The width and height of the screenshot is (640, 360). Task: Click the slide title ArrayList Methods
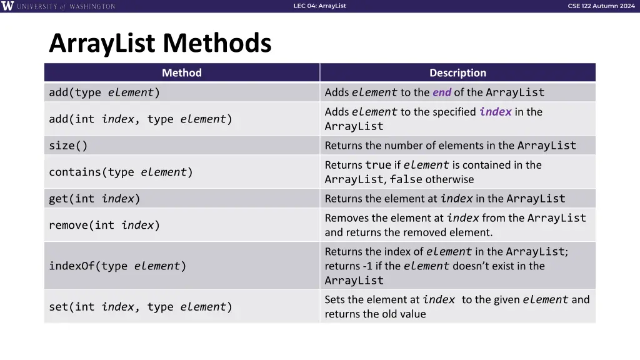pyautogui.click(x=160, y=44)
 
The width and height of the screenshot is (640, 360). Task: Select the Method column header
pyautogui.click(x=181, y=73)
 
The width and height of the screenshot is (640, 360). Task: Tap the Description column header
pyautogui.click(x=457, y=73)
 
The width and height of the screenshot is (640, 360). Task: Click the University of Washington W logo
pyautogui.click(x=7, y=6)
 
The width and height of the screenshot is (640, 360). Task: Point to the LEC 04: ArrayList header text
pyautogui.click(x=319, y=6)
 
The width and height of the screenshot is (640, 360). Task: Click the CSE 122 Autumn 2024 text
pyautogui.click(x=601, y=6)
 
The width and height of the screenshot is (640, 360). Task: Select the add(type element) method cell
pyautogui.click(x=104, y=92)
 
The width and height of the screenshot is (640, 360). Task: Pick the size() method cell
pyautogui.click(x=68, y=146)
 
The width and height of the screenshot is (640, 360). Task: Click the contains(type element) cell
pyautogui.click(x=121, y=172)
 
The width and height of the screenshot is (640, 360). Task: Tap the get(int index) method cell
pyautogui.click(x=94, y=199)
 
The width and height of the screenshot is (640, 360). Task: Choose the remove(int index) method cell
pyautogui.click(x=104, y=225)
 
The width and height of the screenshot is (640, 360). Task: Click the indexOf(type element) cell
pyautogui.click(x=117, y=266)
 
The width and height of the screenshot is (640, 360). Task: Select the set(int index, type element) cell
pyautogui.click(x=141, y=307)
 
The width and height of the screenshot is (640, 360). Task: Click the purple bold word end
pyautogui.click(x=441, y=92)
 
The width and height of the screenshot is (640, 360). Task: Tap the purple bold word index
pyautogui.click(x=496, y=112)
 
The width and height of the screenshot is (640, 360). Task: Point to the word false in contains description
pyautogui.click(x=406, y=179)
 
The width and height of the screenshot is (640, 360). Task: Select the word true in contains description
pyautogui.click(x=378, y=165)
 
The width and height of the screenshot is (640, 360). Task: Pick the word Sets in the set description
pyautogui.click(x=335, y=299)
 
